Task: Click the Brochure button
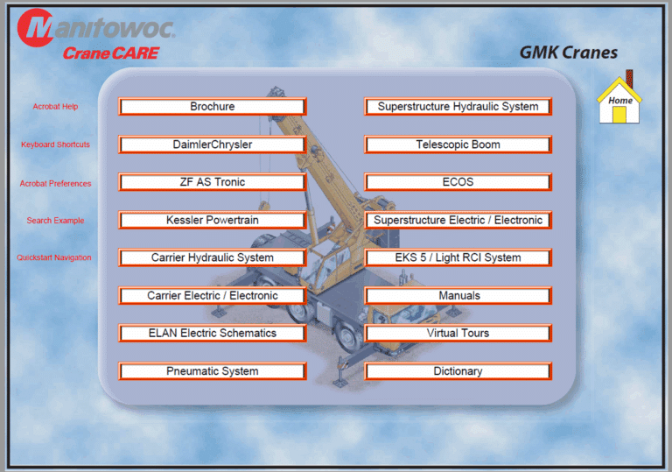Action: (x=213, y=107)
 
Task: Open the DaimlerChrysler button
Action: (x=213, y=144)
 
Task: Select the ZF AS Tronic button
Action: (x=213, y=182)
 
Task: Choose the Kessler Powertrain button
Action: (x=213, y=220)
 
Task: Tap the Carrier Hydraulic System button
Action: (x=213, y=257)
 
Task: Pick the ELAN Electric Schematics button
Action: (x=213, y=333)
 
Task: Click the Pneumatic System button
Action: (x=213, y=371)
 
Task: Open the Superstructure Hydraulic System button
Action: (x=458, y=107)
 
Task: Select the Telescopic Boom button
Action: (x=458, y=144)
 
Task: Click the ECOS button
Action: (x=458, y=182)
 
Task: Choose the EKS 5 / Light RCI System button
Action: (x=458, y=257)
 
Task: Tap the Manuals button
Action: (x=458, y=296)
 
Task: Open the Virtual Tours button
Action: (x=458, y=333)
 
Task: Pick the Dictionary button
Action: (x=458, y=371)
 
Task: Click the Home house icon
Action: (x=619, y=101)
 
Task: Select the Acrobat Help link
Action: (x=55, y=107)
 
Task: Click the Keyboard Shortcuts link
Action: (x=55, y=144)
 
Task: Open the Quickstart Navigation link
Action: (x=54, y=257)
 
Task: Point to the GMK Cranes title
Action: (x=568, y=53)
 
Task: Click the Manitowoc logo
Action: (x=96, y=28)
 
